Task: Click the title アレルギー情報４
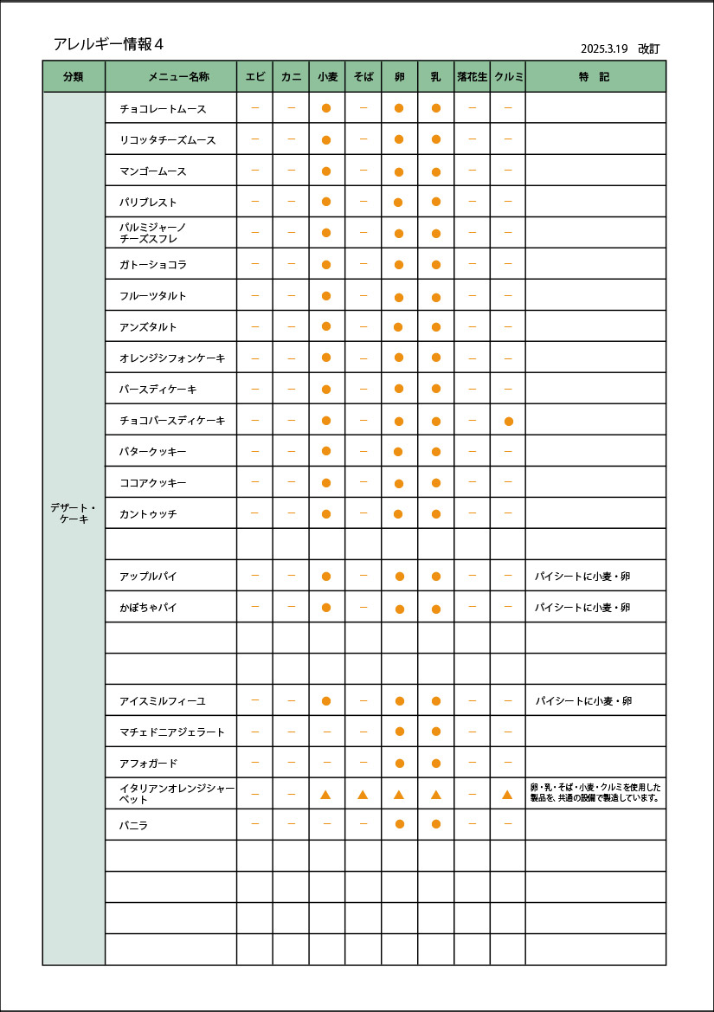108,44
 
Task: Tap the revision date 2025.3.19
604,49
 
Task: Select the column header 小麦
327,77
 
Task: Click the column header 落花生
473,77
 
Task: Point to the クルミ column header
509,77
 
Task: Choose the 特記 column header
595,77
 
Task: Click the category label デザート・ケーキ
74,513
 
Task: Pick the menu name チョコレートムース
163,109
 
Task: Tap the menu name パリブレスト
148,203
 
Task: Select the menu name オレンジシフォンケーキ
172,358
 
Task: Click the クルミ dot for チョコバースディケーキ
509,422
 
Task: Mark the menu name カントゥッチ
148,514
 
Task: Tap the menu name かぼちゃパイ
148,608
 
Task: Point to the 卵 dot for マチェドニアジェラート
400,732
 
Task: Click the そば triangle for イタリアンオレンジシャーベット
363,795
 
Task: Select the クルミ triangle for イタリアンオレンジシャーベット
508,795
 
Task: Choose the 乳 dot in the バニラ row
436,824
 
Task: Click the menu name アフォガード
148,764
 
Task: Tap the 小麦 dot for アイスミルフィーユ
326,701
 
